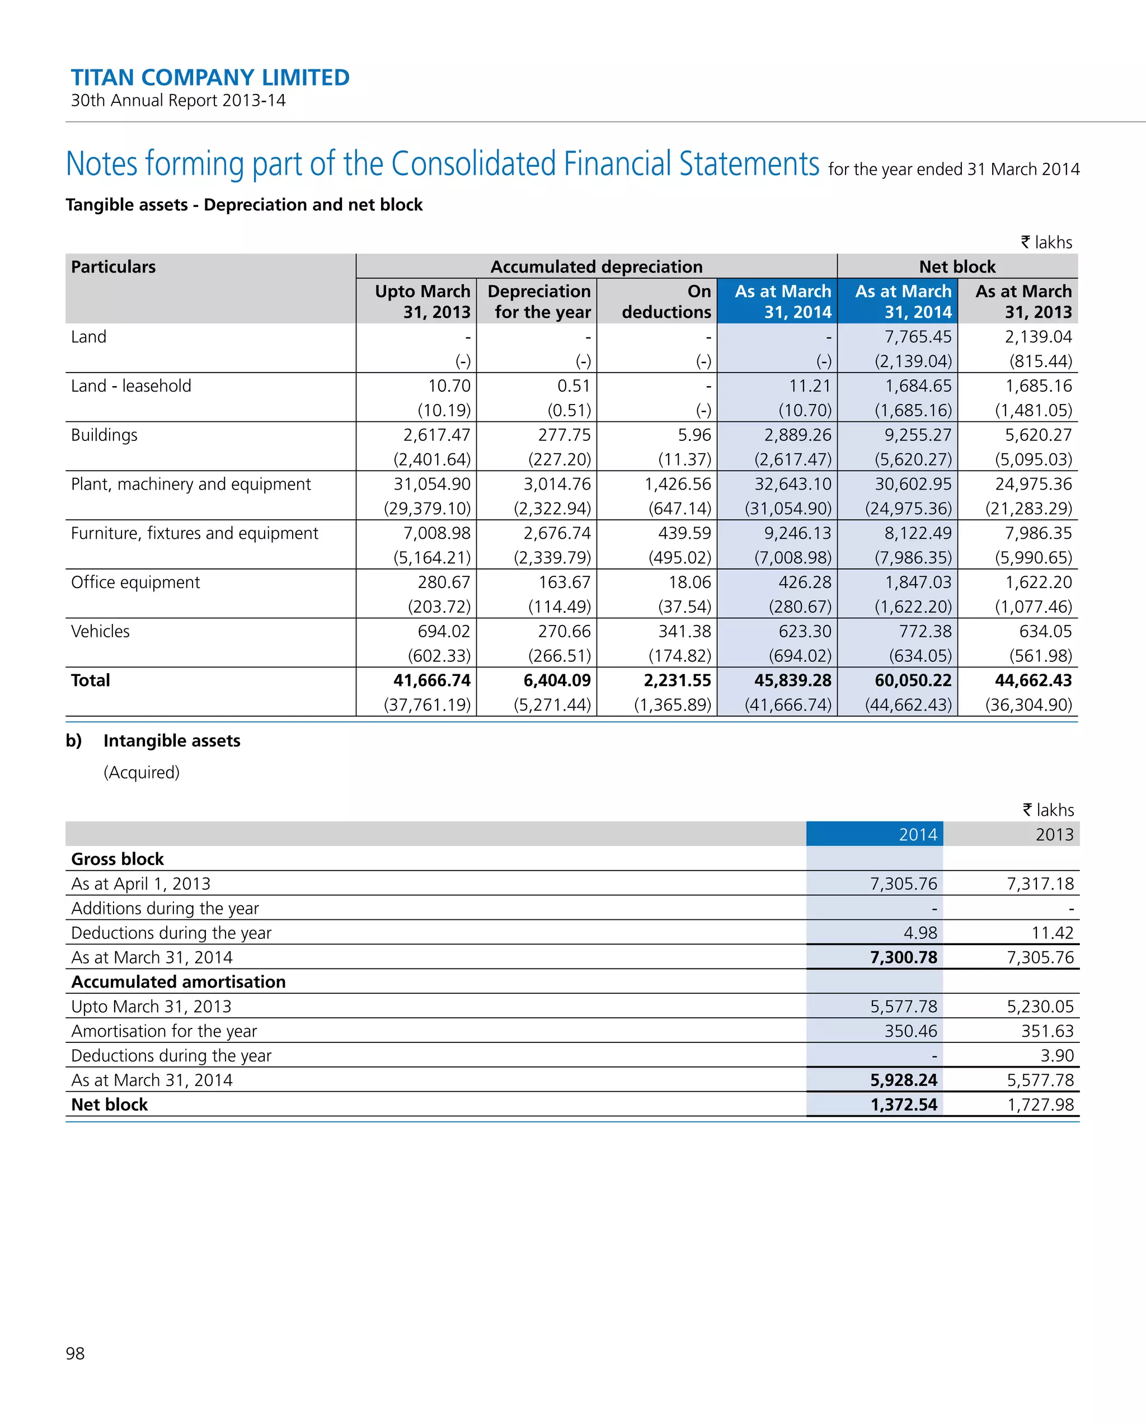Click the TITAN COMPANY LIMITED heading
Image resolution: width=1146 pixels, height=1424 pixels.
(210, 77)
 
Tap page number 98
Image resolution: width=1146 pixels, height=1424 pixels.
(76, 1353)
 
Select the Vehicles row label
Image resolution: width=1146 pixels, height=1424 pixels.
(100, 631)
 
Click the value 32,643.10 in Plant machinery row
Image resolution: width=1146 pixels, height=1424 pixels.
(792, 484)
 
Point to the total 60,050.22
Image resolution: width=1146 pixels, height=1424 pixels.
(913, 680)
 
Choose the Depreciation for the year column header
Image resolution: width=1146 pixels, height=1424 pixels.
(539, 301)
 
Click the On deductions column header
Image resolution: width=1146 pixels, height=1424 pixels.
(666, 301)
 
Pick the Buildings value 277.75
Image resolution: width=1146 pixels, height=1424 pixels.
(564, 435)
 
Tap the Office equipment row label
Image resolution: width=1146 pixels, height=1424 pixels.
(135, 582)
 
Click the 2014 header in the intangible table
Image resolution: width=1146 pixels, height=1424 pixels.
(918, 834)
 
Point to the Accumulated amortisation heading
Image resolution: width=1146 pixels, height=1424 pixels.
(179, 981)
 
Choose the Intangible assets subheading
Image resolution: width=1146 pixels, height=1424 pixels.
(172, 740)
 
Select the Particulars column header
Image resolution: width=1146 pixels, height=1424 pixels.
(114, 267)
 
